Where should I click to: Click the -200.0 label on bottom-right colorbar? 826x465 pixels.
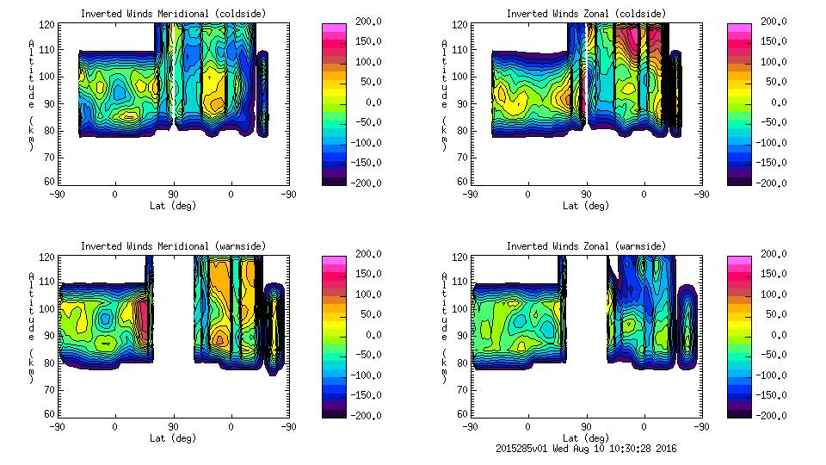coord(776,415)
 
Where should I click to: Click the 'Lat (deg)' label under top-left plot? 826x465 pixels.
coord(172,206)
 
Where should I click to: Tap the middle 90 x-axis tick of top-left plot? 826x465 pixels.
coord(173,195)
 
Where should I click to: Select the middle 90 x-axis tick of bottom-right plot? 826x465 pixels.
coord(586,426)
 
